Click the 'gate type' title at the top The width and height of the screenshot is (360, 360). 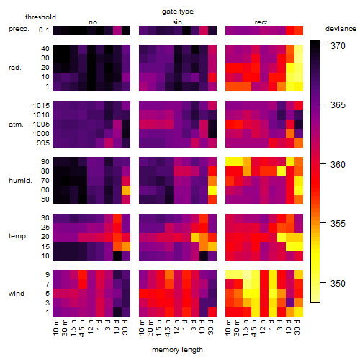(178, 12)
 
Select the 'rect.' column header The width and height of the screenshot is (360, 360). (261, 22)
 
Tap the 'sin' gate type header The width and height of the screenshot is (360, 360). (177, 22)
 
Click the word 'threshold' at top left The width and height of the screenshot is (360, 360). (40, 17)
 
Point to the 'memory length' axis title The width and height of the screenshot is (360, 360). (177, 350)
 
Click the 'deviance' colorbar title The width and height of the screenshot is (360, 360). (341, 29)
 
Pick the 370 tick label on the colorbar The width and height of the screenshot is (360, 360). (338, 45)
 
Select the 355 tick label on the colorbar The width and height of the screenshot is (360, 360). (338, 224)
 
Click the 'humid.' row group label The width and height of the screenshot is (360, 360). (20, 181)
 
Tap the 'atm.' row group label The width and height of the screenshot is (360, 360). (16, 125)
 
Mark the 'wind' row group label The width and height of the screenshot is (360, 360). (17, 294)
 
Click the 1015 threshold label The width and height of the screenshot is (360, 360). (41, 106)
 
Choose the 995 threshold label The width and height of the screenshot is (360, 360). (43, 143)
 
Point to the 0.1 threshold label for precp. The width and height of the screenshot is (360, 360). (44, 30)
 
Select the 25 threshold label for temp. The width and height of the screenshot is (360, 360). (45, 228)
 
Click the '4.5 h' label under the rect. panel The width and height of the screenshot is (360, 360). (254, 328)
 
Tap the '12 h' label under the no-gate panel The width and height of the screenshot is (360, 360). (90, 327)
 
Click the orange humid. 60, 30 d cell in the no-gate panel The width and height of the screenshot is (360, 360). (126, 190)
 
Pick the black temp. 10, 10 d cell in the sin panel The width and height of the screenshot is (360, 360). (204, 256)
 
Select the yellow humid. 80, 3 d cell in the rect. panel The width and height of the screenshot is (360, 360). (282, 171)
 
